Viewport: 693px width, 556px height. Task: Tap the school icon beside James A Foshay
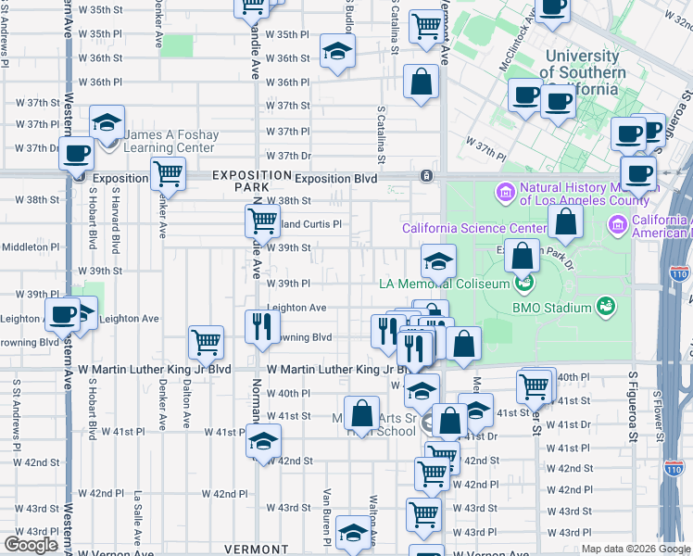click(107, 122)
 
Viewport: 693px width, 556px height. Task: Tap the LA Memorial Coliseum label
click(444, 284)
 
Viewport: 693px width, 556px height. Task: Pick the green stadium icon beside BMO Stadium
click(606, 304)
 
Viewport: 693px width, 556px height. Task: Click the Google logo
click(31, 545)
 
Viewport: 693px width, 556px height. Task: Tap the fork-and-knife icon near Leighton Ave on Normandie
click(262, 324)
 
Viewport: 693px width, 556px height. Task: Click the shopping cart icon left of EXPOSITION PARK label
click(168, 172)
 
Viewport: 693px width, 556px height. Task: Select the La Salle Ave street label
click(137, 513)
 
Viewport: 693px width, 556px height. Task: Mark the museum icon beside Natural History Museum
click(505, 193)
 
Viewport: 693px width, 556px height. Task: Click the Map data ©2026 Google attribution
click(636, 549)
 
